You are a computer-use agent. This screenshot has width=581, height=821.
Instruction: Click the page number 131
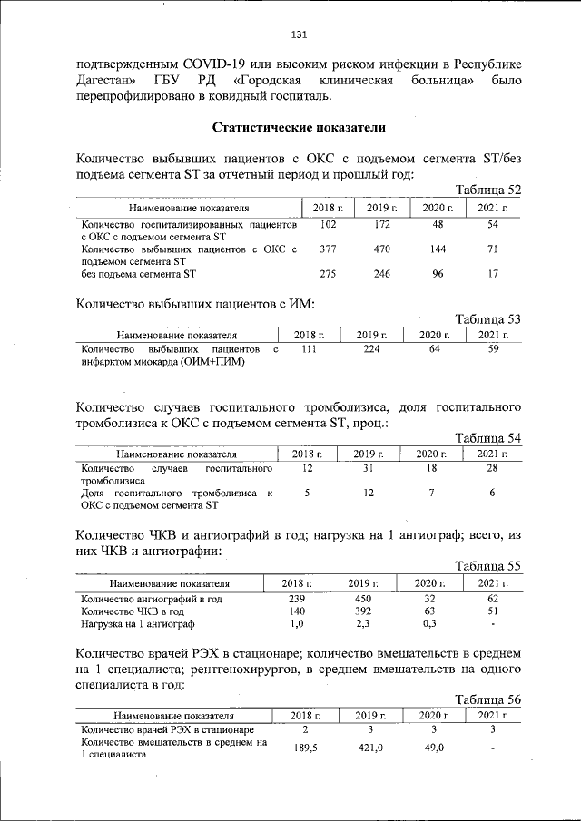(x=299, y=34)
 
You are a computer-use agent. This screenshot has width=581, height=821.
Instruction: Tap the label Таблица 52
(x=487, y=190)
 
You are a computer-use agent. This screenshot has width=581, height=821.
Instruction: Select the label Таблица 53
(x=487, y=318)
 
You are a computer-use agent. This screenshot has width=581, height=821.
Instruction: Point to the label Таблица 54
(x=487, y=437)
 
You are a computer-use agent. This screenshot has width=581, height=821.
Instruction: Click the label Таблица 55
(x=487, y=566)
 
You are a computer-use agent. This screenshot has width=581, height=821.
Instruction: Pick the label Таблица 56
(x=487, y=699)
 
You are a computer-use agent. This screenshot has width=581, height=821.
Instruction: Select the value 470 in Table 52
(x=382, y=248)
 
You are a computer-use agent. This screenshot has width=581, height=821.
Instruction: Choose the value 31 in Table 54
(x=368, y=468)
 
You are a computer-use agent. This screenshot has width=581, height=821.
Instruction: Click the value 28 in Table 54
(x=491, y=468)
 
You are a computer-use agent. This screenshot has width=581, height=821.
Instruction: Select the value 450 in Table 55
(x=364, y=599)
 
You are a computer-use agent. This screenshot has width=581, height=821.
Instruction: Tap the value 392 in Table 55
(x=364, y=611)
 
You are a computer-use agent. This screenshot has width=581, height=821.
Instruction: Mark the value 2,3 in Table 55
(x=364, y=624)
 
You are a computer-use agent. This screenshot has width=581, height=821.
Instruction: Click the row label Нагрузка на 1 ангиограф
(x=137, y=624)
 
